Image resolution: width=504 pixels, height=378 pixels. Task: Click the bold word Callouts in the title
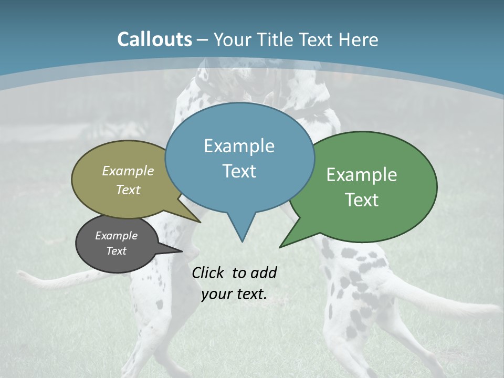coord(154,39)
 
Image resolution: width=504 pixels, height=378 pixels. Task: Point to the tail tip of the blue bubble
coord(242,241)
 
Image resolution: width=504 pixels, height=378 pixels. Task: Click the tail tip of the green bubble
coord(280,246)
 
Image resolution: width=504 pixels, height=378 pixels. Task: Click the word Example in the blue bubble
coord(239,146)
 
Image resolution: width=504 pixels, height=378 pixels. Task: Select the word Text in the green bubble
coord(362,199)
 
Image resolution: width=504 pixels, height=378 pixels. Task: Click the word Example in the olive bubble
coord(128,171)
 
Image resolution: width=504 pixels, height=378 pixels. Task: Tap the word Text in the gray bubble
coord(116,251)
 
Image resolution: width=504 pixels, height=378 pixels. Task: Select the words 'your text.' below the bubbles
coord(234,294)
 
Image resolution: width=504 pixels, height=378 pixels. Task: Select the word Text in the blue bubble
coord(239,171)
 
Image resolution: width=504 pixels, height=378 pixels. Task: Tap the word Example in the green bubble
coord(362,175)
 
